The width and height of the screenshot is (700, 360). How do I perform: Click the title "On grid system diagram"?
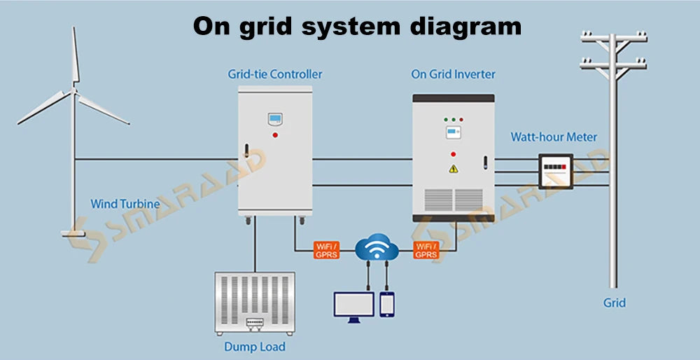coord(357,27)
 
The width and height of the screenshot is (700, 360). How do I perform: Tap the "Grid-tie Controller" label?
coord(275,74)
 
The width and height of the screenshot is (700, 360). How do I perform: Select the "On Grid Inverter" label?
coord(453,74)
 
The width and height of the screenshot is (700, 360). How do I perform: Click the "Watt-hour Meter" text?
coord(554,137)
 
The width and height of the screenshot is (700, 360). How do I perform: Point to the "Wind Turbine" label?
coord(125,205)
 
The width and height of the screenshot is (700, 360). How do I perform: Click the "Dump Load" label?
coord(254,346)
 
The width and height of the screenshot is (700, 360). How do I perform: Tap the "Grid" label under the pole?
coord(614,303)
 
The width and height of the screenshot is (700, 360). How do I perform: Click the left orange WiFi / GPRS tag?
coord(326,250)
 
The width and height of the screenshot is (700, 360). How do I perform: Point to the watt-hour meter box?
coord(554,169)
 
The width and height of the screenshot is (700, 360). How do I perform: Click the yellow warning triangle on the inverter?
coord(453,169)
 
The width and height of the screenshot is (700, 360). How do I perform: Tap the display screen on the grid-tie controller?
coord(275,119)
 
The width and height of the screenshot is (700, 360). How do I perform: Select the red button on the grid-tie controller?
coord(275,134)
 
